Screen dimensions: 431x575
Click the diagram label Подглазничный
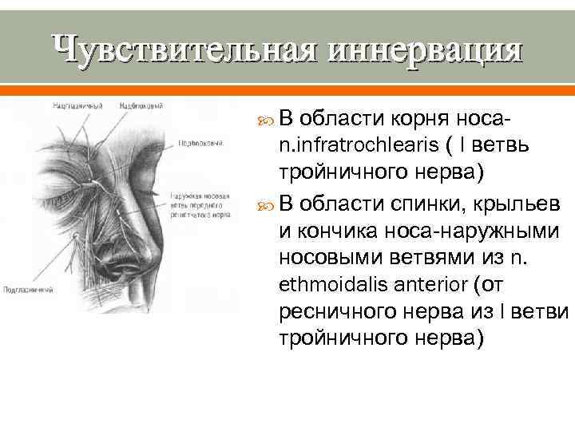click(29, 290)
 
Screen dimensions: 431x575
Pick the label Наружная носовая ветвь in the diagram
click(200, 196)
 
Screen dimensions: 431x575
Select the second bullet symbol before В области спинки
click(264, 199)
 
